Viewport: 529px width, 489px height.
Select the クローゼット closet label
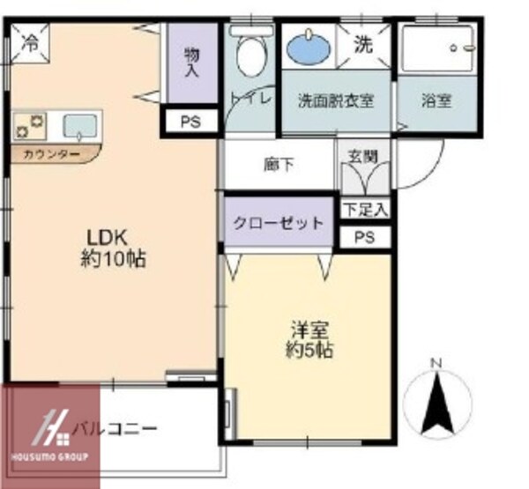pyautogui.click(x=278, y=223)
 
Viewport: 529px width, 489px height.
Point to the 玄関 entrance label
pyautogui.click(x=362, y=158)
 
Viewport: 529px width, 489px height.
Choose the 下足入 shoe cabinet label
pyautogui.click(x=365, y=210)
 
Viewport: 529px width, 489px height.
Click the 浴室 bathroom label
pyautogui.click(x=436, y=100)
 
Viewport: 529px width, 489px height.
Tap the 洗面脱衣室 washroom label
pyautogui.click(x=335, y=100)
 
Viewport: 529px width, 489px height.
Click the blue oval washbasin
pyautogui.click(x=308, y=47)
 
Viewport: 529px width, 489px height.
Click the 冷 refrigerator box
pyautogui.click(x=30, y=41)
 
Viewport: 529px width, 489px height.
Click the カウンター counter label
pyautogui.click(x=49, y=155)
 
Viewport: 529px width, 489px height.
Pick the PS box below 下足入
pyautogui.click(x=365, y=237)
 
